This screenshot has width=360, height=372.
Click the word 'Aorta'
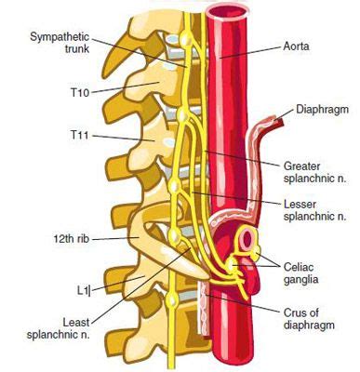point(297,44)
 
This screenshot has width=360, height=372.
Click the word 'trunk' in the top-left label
point(50,48)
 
